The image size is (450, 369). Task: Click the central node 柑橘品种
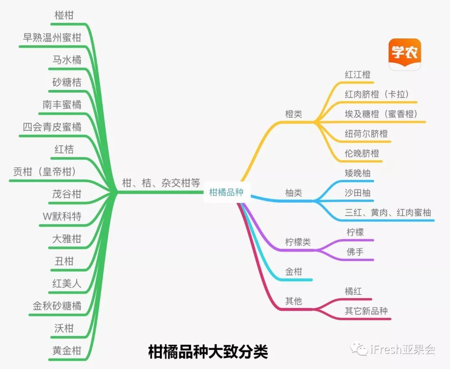tap(226, 192)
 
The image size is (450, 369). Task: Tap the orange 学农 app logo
tap(405, 55)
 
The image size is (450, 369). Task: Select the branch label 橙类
tap(293, 114)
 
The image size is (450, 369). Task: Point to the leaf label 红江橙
tap(357, 75)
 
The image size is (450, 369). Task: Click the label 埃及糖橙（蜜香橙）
tap(381, 114)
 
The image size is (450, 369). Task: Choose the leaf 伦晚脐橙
tap(362, 153)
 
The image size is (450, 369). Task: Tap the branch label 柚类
tap(293, 193)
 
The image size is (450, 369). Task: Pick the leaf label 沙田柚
tap(357, 193)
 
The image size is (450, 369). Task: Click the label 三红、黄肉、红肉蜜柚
tap(387, 212)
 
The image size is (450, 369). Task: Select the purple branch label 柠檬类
tap(297, 242)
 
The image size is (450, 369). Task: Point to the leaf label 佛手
tap(355, 252)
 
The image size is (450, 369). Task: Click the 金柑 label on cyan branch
tap(293, 272)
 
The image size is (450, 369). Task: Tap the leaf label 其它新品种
tap(366, 311)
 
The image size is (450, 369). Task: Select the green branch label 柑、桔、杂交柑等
tap(161, 183)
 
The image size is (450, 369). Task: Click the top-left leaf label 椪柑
tap(64, 15)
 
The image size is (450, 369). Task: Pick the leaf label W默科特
tap(62, 217)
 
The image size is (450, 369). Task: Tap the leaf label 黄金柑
tap(67, 351)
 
